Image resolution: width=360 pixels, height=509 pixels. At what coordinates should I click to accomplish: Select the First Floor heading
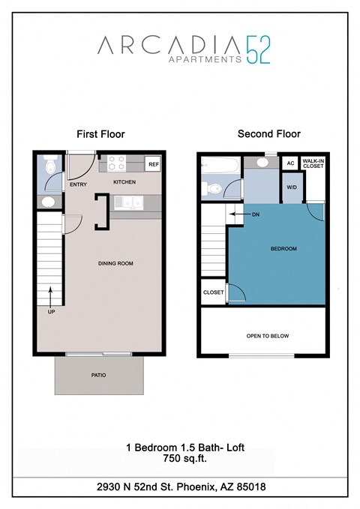click(x=100, y=134)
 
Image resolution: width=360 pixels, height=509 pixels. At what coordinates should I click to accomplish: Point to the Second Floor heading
click(x=268, y=134)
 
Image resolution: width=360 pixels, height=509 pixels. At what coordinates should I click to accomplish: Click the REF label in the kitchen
click(x=153, y=164)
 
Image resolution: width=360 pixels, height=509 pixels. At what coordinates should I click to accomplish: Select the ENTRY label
click(x=78, y=183)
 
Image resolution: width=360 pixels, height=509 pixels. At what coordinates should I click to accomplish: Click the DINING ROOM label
click(x=115, y=263)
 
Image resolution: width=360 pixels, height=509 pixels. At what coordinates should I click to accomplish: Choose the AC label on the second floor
click(x=289, y=163)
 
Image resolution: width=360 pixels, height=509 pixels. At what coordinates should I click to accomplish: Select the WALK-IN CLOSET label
click(x=313, y=163)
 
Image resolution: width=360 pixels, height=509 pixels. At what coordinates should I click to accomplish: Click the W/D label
click(x=291, y=187)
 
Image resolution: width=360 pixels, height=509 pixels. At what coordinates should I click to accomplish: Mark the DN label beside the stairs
click(x=254, y=214)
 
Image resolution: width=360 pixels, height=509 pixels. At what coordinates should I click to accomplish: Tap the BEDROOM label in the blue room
click(x=284, y=249)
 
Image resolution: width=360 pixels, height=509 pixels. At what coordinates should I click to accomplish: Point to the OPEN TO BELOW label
click(x=268, y=336)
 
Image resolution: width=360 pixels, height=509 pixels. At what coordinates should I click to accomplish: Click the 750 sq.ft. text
click(x=179, y=460)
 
